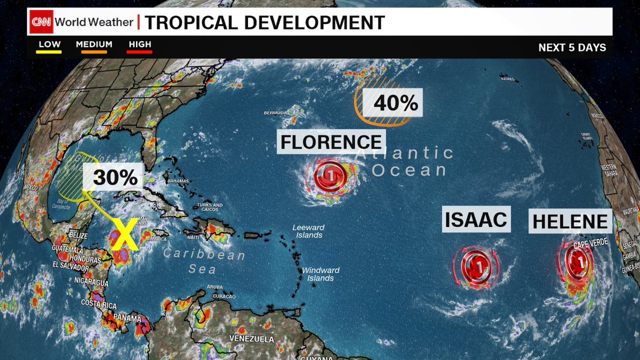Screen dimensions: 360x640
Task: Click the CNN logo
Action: tap(41, 22)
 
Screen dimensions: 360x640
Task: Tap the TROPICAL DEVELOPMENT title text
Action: tap(265, 22)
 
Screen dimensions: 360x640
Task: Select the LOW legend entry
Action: tap(49, 45)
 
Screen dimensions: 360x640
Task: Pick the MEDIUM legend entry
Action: tap(94, 45)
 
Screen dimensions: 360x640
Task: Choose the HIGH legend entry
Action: tap(140, 45)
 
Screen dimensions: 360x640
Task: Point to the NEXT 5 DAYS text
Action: tap(572, 47)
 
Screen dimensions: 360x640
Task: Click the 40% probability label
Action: tap(395, 102)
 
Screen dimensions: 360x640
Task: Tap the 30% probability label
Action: tap(115, 178)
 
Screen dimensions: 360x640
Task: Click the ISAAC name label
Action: tap(476, 219)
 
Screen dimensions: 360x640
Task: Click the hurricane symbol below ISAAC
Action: tap(476, 263)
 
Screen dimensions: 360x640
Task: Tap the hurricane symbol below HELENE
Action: tap(576, 261)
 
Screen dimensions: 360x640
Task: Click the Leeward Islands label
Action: tap(308, 231)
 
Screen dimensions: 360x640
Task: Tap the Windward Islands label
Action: tap(317, 274)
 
